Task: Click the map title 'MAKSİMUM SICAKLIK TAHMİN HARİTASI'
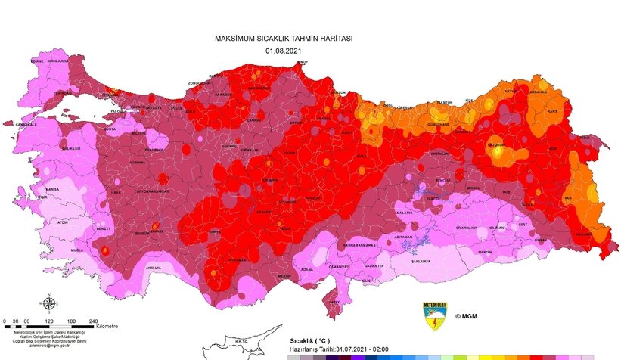pos(284,38)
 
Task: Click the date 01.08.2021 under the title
pos(284,50)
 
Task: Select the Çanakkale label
pos(20,123)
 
